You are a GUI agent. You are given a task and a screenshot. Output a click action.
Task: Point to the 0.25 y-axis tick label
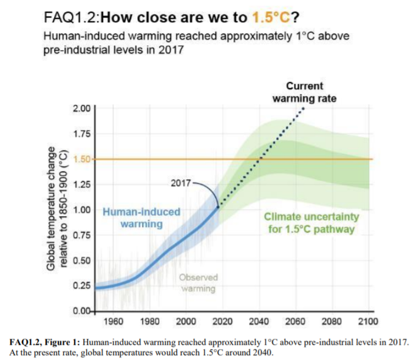(x=81, y=285)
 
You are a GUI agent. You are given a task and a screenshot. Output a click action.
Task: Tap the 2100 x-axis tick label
(x=368, y=321)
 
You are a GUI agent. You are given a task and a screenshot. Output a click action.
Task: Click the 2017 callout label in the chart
(x=182, y=182)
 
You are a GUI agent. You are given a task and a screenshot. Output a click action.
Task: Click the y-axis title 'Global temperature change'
(x=52, y=210)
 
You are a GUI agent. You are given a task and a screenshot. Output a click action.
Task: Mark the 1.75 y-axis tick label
(x=81, y=134)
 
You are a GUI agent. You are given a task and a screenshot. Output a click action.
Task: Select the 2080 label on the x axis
(x=333, y=321)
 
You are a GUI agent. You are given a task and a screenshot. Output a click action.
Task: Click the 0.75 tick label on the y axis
(x=81, y=235)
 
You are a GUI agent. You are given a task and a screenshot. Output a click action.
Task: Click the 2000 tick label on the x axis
(x=186, y=321)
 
